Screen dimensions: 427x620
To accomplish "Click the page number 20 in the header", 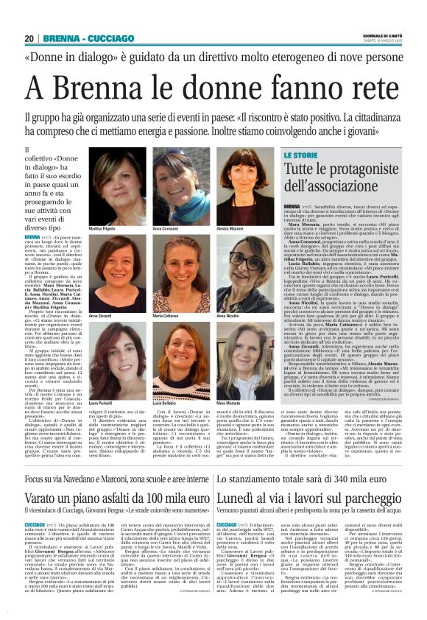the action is pyautogui.click(x=29, y=38).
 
